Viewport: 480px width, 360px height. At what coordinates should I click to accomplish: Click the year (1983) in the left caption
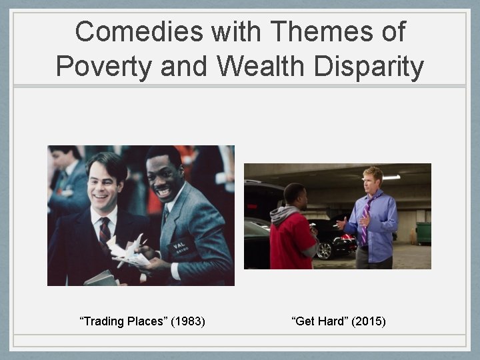click(188, 322)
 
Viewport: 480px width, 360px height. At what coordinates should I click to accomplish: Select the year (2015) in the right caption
click(369, 322)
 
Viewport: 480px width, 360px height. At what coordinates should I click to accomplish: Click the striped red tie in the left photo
click(105, 233)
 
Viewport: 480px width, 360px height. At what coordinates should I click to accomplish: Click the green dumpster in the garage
click(423, 233)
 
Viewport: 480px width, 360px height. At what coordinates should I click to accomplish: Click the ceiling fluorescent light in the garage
click(391, 177)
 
